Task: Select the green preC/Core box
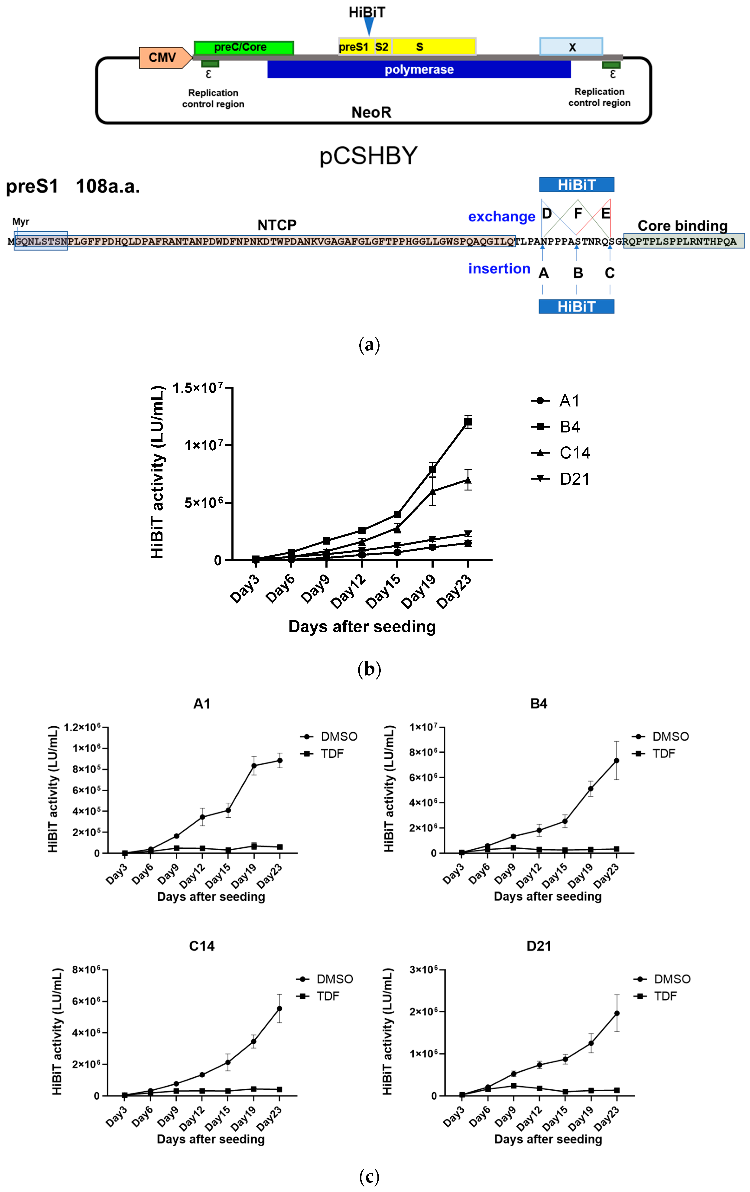(x=244, y=48)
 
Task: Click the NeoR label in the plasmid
(x=371, y=112)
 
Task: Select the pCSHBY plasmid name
(x=368, y=156)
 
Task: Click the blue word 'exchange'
(x=501, y=217)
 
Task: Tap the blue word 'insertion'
(x=499, y=269)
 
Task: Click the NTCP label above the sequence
(x=277, y=225)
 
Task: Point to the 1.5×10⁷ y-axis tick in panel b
(x=198, y=388)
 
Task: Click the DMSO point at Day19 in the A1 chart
(x=254, y=766)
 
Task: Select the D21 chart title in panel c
(x=539, y=946)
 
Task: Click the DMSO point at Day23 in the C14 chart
(x=280, y=1008)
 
